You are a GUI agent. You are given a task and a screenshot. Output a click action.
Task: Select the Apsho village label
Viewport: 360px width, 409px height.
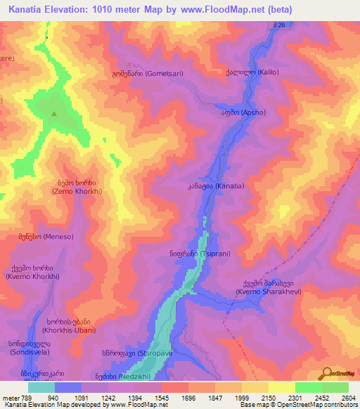click(241, 112)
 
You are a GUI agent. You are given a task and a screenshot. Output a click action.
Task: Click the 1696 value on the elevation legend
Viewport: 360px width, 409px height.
click(188, 398)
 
